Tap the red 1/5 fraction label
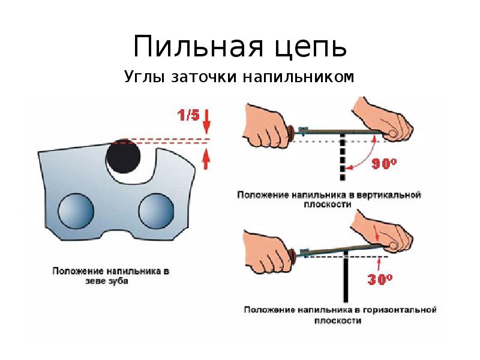tap(187, 115)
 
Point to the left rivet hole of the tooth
tap(76, 211)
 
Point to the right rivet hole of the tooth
tap(156, 211)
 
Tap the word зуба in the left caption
tap(118, 280)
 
